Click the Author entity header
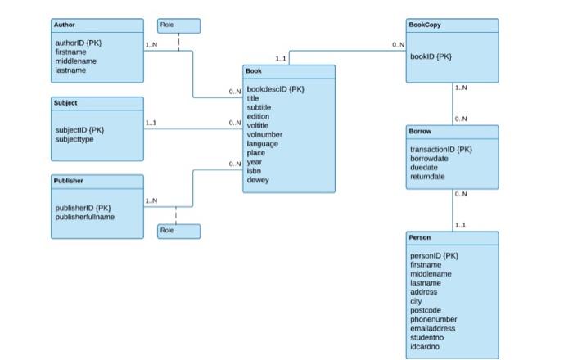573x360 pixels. pos(64,25)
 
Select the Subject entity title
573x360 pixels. pos(66,103)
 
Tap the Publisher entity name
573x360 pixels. pos(69,180)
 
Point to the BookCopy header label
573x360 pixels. pos(424,25)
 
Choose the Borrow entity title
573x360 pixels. pos(421,131)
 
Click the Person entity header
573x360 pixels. pos(420,237)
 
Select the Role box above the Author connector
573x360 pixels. pos(178,26)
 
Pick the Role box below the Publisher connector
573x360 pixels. pos(178,232)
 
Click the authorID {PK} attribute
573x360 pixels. pos(79,43)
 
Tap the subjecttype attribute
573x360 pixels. pos(74,138)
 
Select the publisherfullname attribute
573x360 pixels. pos(85,217)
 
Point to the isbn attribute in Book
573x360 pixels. pos(254,171)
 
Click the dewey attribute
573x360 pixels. pos(258,180)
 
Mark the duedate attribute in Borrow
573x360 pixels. pos(425,167)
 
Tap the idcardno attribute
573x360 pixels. pos(426,347)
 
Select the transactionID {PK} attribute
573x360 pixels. pos(440,149)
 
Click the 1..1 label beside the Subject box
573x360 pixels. pos(151,124)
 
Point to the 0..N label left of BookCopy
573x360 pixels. pos(398,45)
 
